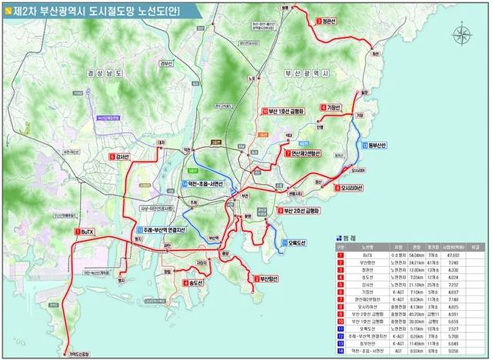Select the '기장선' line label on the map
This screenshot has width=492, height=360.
pyautogui.click(x=331, y=108)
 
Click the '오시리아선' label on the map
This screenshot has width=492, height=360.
pyautogui.click(x=351, y=187)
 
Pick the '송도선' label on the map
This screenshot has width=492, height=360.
pyautogui.click(x=195, y=282)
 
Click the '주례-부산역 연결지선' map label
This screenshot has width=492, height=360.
pyautogui.click(x=165, y=230)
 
